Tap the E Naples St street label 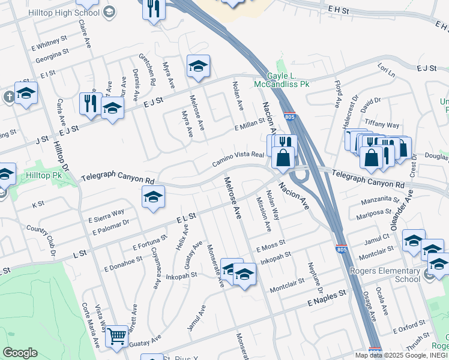[x=327, y=295]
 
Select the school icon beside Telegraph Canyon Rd [x=153, y=196]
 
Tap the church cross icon [x=9, y=97]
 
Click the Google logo [x=20, y=352]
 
